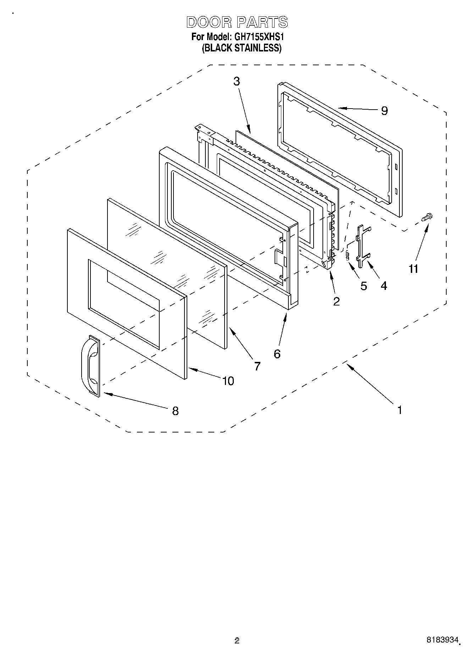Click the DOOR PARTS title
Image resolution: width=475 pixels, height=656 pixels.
point(237,22)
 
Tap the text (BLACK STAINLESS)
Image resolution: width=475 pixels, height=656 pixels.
point(242,48)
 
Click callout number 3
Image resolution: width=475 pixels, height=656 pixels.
point(237,81)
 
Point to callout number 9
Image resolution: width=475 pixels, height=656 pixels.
point(385,111)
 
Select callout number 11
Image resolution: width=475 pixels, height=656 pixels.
point(413,269)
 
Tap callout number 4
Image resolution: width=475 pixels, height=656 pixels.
point(384,286)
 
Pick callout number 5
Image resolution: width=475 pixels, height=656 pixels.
point(364,286)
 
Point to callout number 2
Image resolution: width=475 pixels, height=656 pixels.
point(336,301)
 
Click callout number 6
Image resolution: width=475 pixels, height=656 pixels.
point(277,353)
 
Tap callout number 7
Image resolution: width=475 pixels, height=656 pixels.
point(257,366)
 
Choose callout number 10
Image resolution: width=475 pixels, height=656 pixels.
point(228,381)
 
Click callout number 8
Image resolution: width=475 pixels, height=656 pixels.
point(175,411)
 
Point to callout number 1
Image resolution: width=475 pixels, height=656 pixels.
point(399,410)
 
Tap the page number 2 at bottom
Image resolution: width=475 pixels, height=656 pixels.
point(237,641)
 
